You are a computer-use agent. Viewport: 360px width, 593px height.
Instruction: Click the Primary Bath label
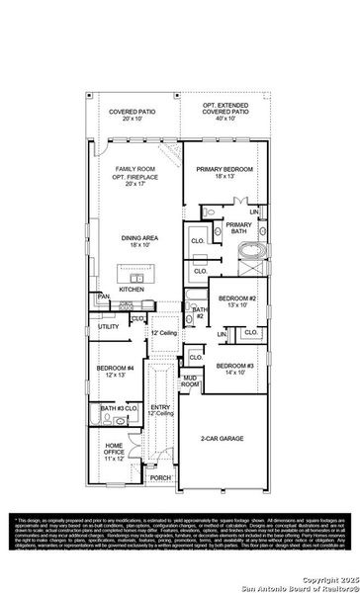(x=239, y=229)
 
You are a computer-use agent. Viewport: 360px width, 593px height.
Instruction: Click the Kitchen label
(x=133, y=290)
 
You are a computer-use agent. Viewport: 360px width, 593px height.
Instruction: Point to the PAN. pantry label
(x=103, y=296)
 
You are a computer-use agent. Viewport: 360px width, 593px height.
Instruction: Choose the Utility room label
(x=108, y=326)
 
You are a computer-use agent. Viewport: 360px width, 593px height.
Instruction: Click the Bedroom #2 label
(x=237, y=301)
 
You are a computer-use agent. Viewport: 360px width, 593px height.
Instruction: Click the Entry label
(x=160, y=410)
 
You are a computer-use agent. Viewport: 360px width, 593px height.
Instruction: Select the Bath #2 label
(x=199, y=313)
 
